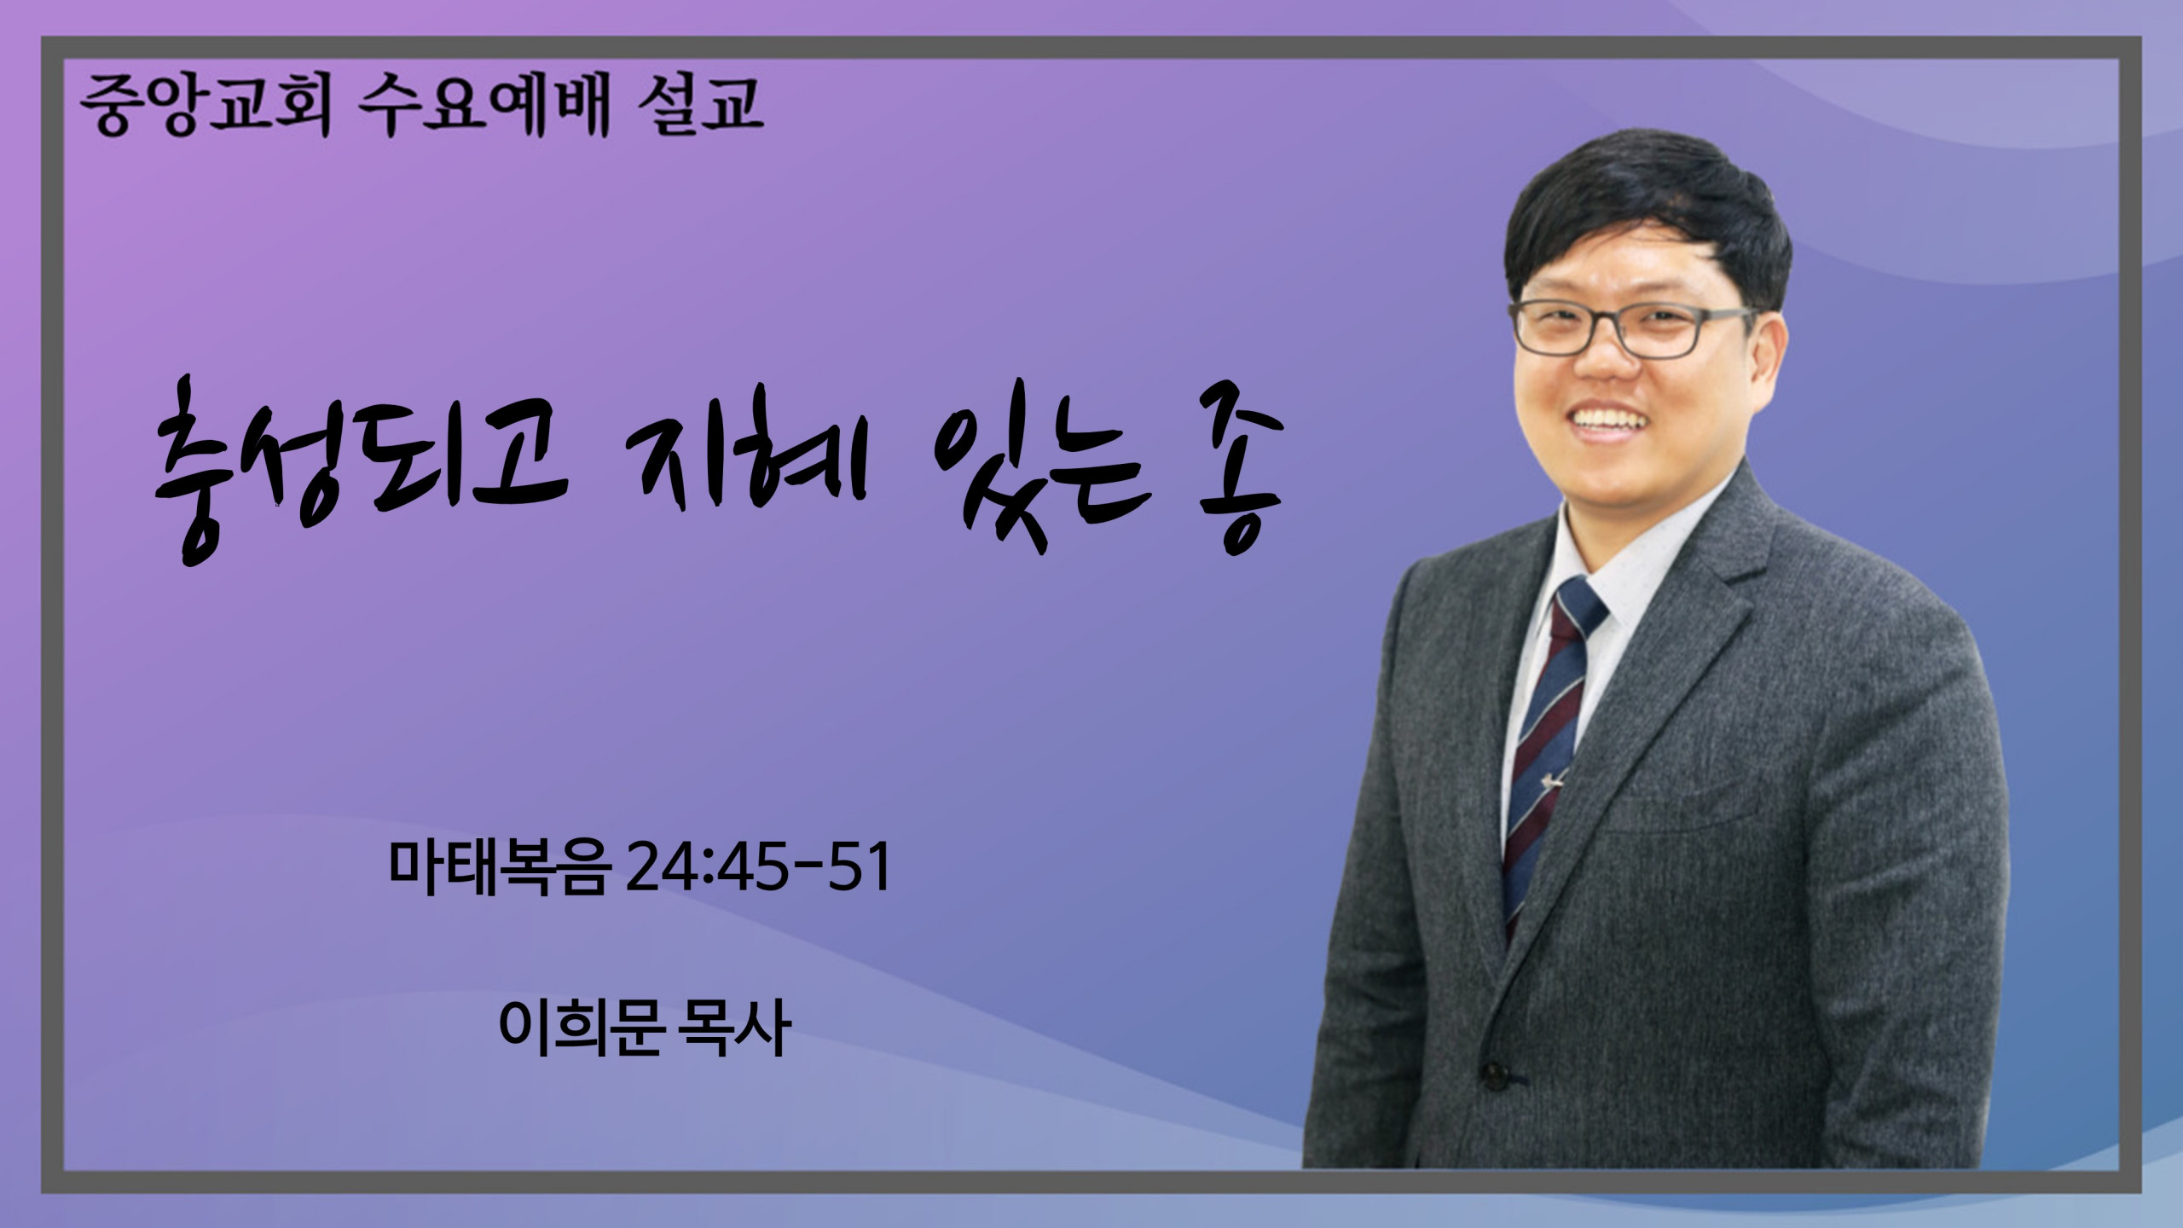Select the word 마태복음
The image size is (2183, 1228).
[500, 868]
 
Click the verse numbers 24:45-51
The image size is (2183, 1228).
[758, 868]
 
